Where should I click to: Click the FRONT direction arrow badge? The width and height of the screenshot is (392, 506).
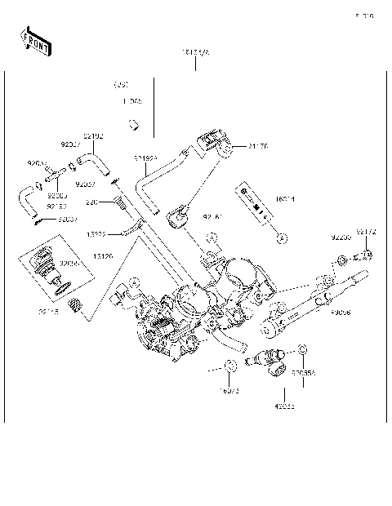point(33,41)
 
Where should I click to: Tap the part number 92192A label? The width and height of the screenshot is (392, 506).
point(146,158)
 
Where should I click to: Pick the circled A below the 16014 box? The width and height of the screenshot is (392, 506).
point(281,238)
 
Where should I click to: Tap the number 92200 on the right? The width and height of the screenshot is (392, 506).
point(341,237)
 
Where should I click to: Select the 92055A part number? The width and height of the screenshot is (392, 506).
point(303,373)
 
